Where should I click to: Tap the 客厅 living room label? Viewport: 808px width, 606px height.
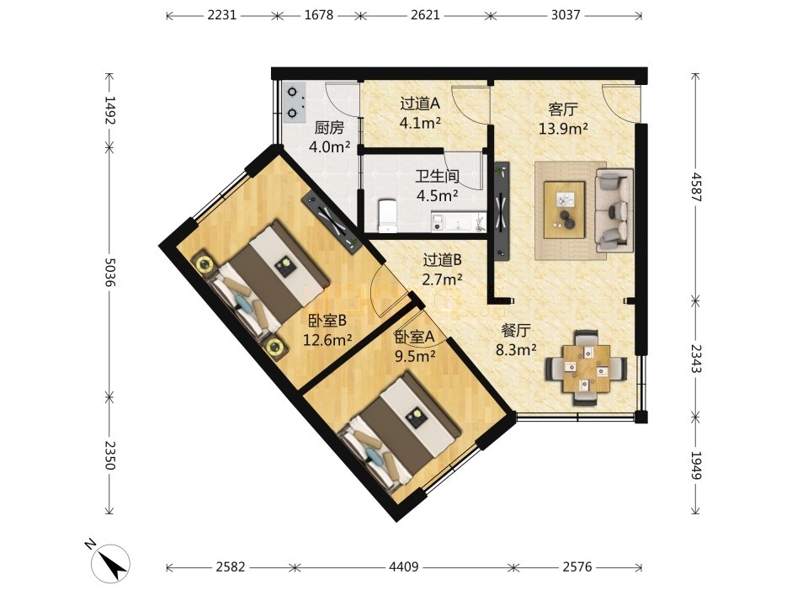coord(563,109)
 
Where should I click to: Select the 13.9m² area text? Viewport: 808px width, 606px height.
coord(563,129)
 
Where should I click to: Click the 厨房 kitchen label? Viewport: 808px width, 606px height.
coord(329,128)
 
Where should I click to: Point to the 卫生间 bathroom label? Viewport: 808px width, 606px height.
coord(438,177)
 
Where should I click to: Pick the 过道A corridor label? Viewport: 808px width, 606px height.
coord(420,104)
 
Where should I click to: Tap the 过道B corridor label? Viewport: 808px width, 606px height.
coord(442,261)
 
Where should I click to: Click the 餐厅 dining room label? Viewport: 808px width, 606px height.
coord(516,330)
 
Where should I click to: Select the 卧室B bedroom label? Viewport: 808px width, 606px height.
coord(327,321)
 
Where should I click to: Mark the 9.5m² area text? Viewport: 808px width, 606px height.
coord(415,356)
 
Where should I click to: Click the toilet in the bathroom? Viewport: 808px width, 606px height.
coord(387,216)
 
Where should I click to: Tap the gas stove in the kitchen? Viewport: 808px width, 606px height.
coord(295,103)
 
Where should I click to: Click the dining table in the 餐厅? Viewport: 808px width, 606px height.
coord(587,368)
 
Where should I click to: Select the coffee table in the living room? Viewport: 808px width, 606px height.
coord(564,210)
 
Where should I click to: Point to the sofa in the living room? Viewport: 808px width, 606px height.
coord(614,210)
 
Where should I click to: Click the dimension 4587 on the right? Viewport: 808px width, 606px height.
coord(696,187)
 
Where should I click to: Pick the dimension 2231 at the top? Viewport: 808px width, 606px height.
coord(222,15)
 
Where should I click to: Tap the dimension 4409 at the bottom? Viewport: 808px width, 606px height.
coord(403,567)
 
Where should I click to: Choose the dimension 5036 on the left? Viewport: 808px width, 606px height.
coord(109,272)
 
